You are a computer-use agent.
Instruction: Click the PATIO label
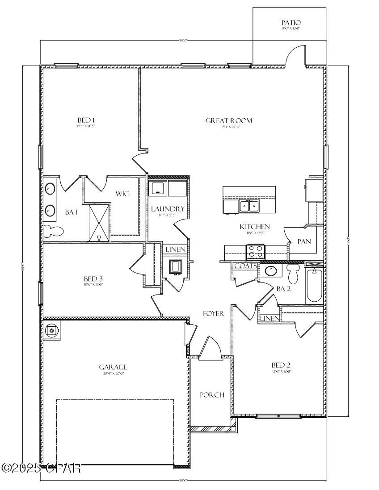coord(291,23)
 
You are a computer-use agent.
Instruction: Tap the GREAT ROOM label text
coord(229,120)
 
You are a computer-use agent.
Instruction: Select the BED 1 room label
coord(86,120)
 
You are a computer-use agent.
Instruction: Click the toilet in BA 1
coord(53,231)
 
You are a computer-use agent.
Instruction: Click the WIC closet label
coord(123,194)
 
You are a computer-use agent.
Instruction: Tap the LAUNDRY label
coord(167,209)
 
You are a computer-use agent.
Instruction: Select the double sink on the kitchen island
coord(249,206)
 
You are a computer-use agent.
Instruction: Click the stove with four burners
coord(256,252)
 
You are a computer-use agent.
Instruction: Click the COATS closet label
coord(245,266)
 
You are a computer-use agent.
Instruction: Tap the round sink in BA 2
coord(270,270)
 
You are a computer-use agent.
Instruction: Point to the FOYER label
coord(213,314)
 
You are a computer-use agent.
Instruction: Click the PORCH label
coord(211,395)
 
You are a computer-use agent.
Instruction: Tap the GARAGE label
coord(113,367)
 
